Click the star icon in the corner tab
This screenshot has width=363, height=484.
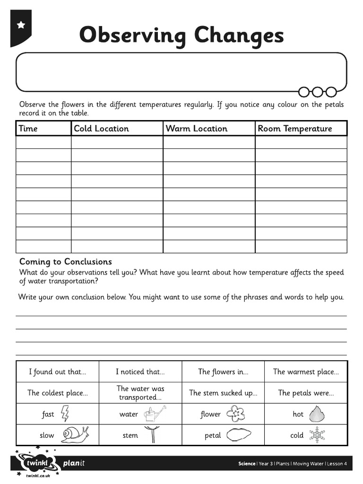click(x=21, y=25)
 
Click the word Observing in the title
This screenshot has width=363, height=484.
click(x=132, y=36)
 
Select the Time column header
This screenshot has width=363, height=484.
click(x=28, y=129)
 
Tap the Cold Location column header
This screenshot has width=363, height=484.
click(x=101, y=129)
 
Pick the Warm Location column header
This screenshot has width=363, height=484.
click(x=196, y=129)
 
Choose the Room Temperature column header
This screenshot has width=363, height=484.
click(x=294, y=129)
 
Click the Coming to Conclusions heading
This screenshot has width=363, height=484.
click(x=66, y=262)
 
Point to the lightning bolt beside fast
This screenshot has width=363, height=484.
click(x=65, y=414)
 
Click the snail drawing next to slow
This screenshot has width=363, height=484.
click(x=74, y=434)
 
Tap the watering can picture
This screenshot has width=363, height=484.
click(x=155, y=415)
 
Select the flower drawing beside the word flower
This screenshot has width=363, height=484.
click(x=235, y=414)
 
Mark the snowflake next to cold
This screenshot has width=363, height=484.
click(x=317, y=435)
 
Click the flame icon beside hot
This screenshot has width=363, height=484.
click(x=316, y=414)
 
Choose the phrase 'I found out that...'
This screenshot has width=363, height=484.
click(x=58, y=372)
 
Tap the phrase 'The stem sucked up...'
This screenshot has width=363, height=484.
click(x=223, y=393)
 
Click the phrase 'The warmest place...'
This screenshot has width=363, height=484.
click(x=306, y=372)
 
